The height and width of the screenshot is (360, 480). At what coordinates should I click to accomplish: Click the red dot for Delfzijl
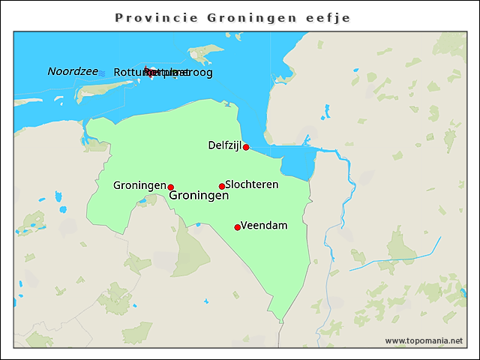tap(246, 147)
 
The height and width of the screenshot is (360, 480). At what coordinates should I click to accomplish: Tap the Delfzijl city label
tap(224, 145)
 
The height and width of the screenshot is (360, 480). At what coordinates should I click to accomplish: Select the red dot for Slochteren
tap(222, 186)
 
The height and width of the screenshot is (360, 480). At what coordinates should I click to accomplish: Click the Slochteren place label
tap(252, 184)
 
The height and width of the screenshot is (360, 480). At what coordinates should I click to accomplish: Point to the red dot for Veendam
tap(238, 227)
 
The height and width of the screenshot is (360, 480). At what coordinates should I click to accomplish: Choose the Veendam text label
tap(264, 225)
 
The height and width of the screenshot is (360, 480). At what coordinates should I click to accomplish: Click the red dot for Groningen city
tap(171, 187)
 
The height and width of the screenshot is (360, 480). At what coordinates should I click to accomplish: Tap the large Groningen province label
tap(199, 196)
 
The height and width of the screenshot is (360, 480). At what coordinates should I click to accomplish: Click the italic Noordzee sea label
tap(73, 71)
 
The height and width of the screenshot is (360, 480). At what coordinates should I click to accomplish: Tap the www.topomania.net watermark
tap(424, 340)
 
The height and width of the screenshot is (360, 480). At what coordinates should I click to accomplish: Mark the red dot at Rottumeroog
tap(149, 72)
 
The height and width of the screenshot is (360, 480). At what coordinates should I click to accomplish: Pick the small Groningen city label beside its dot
tap(139, 185)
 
